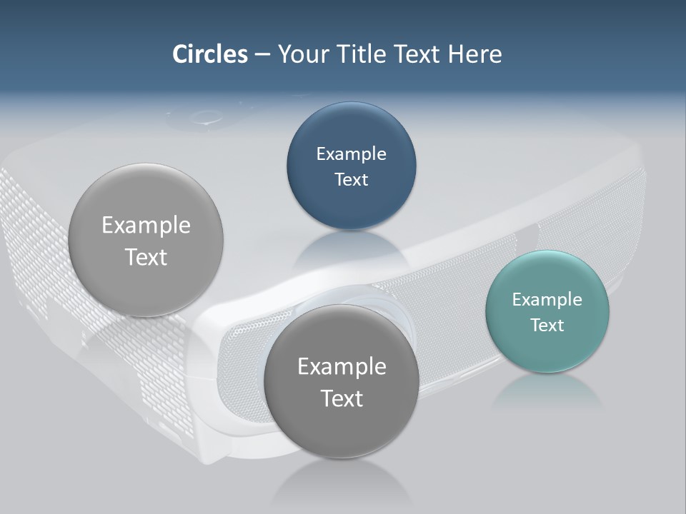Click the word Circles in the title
(x=209, y=54)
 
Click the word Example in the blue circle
(x=351, y=154)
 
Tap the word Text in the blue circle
(x=351, y=180)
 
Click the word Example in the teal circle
(x=547, y=300)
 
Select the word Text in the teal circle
(x=547, y=326)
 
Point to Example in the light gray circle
(x=146, y=226)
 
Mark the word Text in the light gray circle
(x=146, y=258)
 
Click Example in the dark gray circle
(x=342, y=367)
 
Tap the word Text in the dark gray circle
(x=342, y=398)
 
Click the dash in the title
(x=262, y=55)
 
